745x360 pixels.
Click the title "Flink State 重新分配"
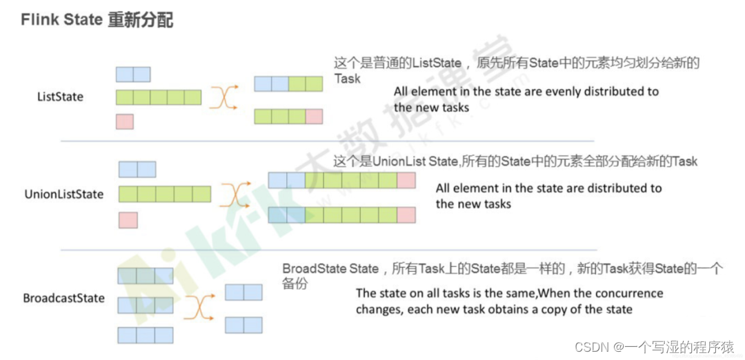[97, 20]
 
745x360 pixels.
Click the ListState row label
[60, 97]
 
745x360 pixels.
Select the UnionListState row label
[63, 194]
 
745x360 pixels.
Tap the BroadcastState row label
[63, 299]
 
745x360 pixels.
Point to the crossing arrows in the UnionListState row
[236, 194]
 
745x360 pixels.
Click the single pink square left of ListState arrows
[124, 121]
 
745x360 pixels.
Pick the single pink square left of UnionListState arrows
[128, 220]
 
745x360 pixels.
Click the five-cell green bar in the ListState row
[159, 97]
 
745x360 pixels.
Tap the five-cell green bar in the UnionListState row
[164, 194]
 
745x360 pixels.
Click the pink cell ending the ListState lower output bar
[314, 117]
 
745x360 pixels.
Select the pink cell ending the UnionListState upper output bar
[406, 181]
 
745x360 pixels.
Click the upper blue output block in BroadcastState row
[244, 292]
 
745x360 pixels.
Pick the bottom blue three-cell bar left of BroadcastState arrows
[145, 335]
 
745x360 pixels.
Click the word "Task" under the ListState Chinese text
[348, 79]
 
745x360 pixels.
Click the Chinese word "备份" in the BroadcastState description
[295, 283]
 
